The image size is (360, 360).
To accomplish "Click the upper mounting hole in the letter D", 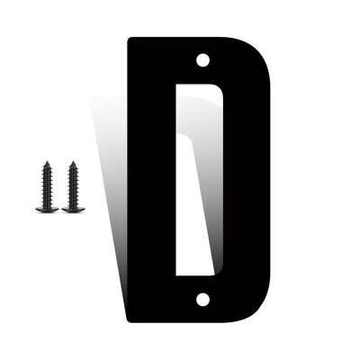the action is (x=202, y=60).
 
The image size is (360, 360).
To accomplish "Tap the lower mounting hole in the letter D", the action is (x=202, y=300).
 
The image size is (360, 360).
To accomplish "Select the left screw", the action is (x=47, y=187).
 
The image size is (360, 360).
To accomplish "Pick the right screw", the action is (x=73, y=187).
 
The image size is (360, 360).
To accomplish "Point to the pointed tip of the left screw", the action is (x=47, y=161).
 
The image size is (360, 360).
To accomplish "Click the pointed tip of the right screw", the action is (x=73, y=161).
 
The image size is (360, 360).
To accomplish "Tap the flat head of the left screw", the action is (x=47, y=209).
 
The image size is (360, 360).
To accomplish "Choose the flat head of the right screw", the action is (x=73, y=209).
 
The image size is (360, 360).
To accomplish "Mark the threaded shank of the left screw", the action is (x=47, y=185).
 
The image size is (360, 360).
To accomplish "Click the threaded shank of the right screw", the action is (x=73, y=185).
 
